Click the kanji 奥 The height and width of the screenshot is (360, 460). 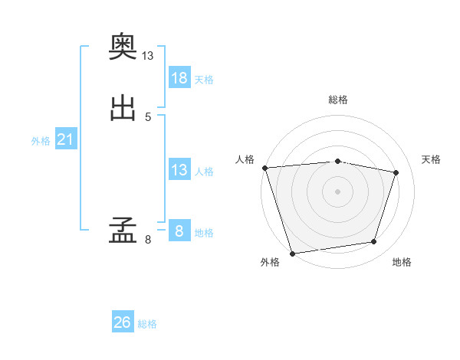coord(123,46)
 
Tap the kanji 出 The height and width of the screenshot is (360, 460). coord(123,108)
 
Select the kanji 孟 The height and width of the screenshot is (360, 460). coord(123,230)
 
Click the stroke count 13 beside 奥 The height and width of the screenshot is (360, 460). coord(147,56)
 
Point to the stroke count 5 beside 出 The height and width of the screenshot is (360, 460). coord(148,117)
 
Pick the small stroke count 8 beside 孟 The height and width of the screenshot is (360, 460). coord(148,240)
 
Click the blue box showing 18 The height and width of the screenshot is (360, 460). coord(179,77)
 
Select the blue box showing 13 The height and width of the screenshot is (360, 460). coord(179,169)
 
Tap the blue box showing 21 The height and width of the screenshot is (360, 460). coord(66,139)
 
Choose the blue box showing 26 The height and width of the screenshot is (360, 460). coord(123,321)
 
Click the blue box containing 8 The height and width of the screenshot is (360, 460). coord(179,230)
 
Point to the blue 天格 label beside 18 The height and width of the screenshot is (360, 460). coord(204,80)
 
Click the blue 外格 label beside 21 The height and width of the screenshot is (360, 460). coord(41,141)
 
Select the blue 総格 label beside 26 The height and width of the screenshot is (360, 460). coord(147,324)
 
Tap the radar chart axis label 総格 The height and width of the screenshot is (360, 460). coord(338,100)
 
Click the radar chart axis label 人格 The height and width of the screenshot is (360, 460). coord(245,159)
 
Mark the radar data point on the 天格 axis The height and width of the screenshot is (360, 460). coord(396,172)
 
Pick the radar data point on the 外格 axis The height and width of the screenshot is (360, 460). coord(292,254)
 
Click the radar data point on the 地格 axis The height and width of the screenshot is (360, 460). coord(374,241)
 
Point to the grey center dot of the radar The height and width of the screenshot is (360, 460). coord(337,191)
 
